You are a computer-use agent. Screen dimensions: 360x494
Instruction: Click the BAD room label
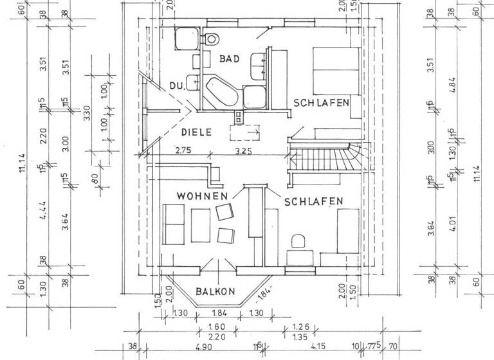(x=229, y=59)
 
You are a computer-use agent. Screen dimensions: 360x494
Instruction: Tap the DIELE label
(x=196, y=133)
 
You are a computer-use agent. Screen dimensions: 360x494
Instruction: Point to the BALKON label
(x=216, y=291)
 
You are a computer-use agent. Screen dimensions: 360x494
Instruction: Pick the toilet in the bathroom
(x=210, y=39)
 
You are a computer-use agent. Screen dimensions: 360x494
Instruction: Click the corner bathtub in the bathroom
(x=221, y=92)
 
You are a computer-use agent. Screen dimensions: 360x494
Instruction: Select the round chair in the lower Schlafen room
(x=297, y=242)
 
